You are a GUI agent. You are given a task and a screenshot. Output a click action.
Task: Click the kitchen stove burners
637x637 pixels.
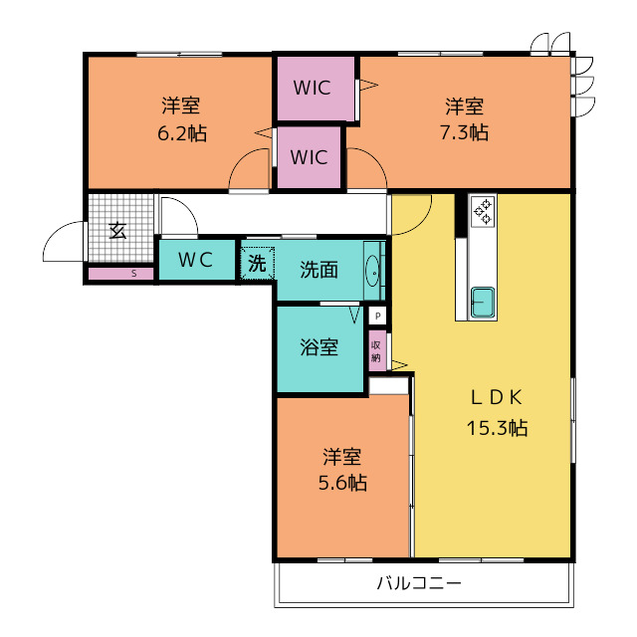483,211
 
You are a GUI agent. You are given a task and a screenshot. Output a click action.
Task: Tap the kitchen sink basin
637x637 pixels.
483,302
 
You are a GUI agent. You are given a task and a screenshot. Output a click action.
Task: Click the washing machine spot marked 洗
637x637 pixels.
257,263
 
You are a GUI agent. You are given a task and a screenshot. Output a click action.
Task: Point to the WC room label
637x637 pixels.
196,260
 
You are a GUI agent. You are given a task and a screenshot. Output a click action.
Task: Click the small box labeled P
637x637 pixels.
378,316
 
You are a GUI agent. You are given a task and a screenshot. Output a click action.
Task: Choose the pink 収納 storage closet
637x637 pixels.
377,351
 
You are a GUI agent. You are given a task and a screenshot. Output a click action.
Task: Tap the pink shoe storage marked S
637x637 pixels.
121,274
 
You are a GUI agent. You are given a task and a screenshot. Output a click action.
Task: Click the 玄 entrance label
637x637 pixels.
117,231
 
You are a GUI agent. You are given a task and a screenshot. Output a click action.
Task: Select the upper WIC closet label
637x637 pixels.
312,88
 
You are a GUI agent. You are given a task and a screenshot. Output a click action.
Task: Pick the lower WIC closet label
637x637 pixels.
309,157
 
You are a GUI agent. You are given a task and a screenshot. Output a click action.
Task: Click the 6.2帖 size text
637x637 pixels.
182,133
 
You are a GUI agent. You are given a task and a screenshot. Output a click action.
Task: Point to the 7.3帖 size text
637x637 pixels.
465,132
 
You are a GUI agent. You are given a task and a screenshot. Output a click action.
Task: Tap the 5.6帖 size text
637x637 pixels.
342,483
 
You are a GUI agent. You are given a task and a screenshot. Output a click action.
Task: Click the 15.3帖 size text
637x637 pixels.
497,428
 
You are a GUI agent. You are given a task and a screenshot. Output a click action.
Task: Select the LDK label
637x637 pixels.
497,397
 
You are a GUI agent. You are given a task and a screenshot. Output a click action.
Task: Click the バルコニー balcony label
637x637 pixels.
419,583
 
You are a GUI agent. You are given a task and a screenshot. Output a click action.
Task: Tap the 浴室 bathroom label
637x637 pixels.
318,347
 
